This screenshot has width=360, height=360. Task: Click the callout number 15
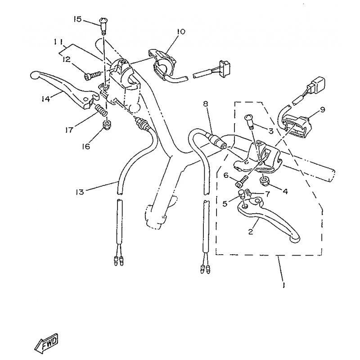pyautogui.click(x=77, y=19)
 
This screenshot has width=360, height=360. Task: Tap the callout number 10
pyautogui.click(x=181, y=31)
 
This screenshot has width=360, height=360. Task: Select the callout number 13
pyautogui.click(x=80, y=192)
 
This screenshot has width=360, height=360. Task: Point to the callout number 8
pyautogui.click(x=205, y=104)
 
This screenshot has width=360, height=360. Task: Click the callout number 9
pyautogui.click(x=322, y=110)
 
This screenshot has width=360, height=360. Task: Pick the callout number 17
pyautogui.click(x=69, y=130)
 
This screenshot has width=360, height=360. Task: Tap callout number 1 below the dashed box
pyautogui.click(x=284, y=285)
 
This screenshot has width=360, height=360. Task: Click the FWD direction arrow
pyautogui.click(x=49, y=343)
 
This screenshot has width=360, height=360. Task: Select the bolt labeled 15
pyautogui.click(x=103, y=26)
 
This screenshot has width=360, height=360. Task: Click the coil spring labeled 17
pyautogui.click(x=101, y=110)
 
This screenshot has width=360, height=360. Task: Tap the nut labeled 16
pyautogui.click(x=106, y=125)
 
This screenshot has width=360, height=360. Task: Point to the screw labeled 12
pyautogui.click(x=93, y=75)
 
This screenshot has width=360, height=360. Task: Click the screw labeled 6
pyautogui.click(x=242, y=181)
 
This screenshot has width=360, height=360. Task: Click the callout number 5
pyautogui.click(x=225, y=203)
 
